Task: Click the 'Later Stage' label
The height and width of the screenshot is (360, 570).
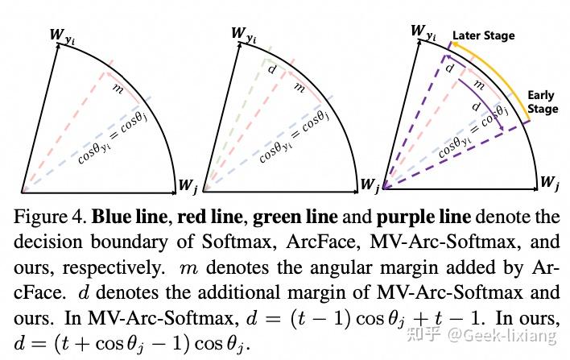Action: [x=483, y=35]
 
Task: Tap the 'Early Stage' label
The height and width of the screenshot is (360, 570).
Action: [x=542, y=102]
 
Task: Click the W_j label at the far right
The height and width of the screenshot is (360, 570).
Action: [x=550, y=183]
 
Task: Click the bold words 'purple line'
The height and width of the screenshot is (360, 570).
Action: [x=399, y=216]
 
